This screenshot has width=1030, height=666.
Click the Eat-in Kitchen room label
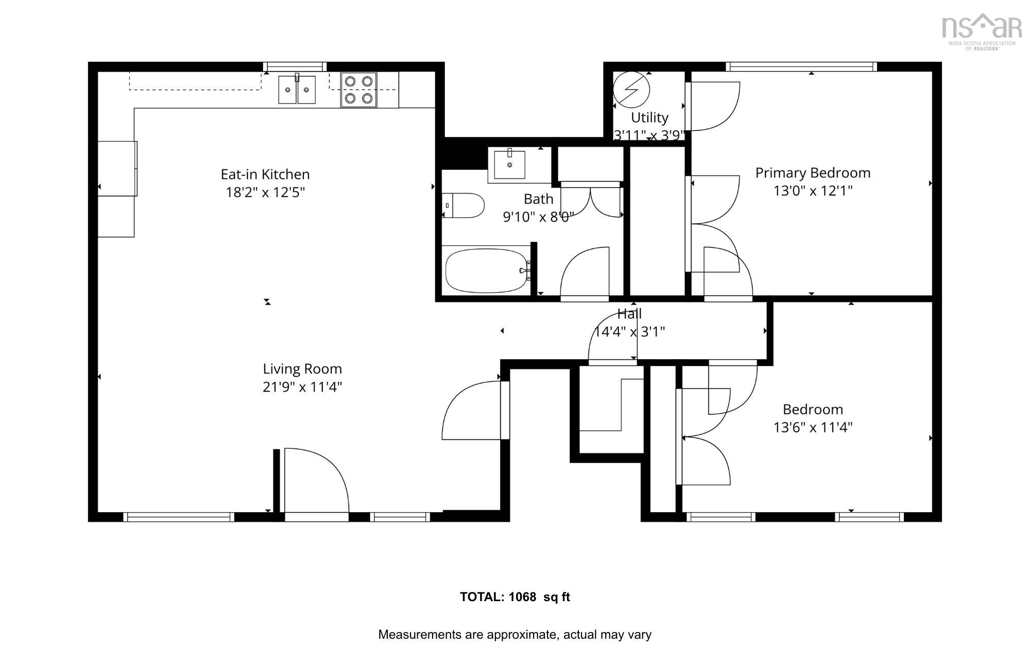click(x=265, y=174)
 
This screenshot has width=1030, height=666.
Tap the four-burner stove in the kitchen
click(x=358, y=90)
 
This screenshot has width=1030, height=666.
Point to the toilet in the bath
click(x=463, y=205)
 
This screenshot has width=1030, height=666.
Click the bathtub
click(x=487, y=270)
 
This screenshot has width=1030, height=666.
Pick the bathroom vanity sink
click(x=509, y=165)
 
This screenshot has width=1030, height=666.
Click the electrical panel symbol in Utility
click(x=631, y=89)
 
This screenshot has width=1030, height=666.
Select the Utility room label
click(x=649, y=118)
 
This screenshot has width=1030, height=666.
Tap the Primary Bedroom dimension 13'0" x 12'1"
click(x=813, y=191)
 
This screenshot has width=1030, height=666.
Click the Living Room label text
click(x=302, y=369)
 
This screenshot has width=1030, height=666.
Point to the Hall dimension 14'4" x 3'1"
click(x=629, y=332)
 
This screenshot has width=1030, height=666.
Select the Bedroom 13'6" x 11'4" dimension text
click(x=813, y=428)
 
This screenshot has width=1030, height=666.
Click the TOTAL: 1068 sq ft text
click(x=514, y=597)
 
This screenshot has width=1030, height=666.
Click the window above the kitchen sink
click(x=295, y=66)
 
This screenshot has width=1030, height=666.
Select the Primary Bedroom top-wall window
click(x=801, y=66)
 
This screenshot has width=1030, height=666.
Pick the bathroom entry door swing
click(x=585, y=273)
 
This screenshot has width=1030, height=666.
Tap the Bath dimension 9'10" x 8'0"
click(x=538, y=217)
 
